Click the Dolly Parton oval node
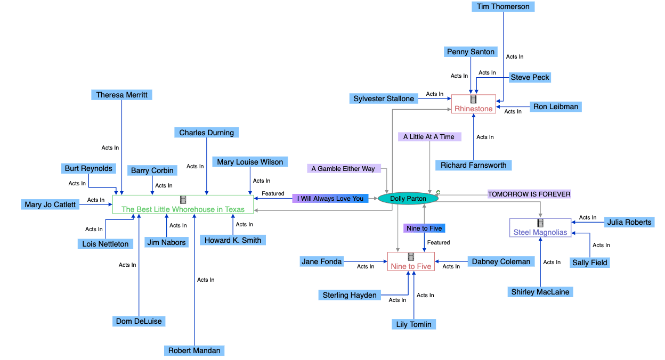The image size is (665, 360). pyautogui.click(x=408, y=199)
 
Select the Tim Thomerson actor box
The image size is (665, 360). pyautogui.click(x=503, y=6)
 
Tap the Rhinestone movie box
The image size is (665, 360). pyautogui.click(x=473, y=104)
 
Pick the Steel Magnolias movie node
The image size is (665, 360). pyautogui.click(x=540, y=227)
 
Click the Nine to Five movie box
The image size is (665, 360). pyautogui.click(x=411, y=261)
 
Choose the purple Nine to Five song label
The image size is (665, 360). pyautogui.click(x=424, y=228)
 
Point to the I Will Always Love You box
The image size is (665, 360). pyautogui.click(x=330, y=199)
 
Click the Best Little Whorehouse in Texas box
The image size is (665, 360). pyautogui.click(x=183, y=204)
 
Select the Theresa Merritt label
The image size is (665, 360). pyautogui.click(x=121, y=95)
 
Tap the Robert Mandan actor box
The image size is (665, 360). pyautogui.click(x=194, y=350)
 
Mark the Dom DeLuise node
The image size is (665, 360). pyautogui.click(x=139, y=321)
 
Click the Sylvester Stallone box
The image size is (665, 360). pyautogui.click(x=384, y=99)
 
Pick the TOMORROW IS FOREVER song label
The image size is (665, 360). pyautogui.click(x=529, y=194)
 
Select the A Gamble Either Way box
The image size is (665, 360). pyautogui.click(x=343, y=169)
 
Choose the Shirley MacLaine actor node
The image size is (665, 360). pyautogui.click(x=540, y=292)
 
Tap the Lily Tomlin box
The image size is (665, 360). pyautogui.click(x=413, y=324)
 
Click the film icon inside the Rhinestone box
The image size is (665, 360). pyautogui.click(x=473, y=99)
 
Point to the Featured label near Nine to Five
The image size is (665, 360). pyautogui.click(x=439, y=243)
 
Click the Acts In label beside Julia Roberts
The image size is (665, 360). pyautogui.click(x=588, y=217)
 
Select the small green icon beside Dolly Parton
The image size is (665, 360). pyautogui.click(x=438, y=192)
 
